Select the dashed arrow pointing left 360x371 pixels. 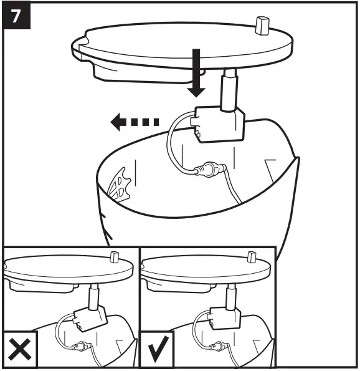coord(135,123)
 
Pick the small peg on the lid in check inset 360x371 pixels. coord(252,256)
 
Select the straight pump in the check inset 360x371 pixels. coord(225,317)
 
